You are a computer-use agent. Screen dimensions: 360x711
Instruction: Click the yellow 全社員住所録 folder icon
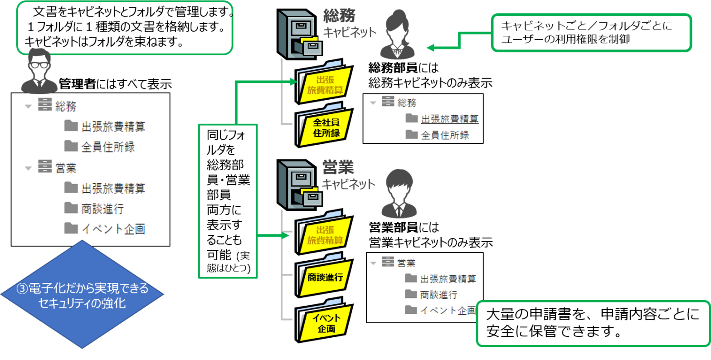click(325, 126)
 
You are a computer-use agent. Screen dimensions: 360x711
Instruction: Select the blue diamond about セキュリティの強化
click(82, 295)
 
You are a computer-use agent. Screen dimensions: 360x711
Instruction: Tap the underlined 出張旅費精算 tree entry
click(449, 119)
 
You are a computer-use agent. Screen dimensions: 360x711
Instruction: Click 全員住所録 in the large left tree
click(108, 147)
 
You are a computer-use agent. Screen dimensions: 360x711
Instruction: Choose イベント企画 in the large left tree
click(113, 229)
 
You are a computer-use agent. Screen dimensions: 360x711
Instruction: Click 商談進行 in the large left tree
click(103, 209)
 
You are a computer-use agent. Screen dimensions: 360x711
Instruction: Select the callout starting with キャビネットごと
click(591, 33)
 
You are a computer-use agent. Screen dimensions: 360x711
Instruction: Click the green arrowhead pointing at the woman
click(430, 48)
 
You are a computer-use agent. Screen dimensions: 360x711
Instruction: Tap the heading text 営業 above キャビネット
click(338, 167)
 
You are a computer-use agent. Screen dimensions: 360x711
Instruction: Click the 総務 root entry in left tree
click(66, 107)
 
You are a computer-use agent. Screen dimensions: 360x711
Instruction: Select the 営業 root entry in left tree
click(66, 168)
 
